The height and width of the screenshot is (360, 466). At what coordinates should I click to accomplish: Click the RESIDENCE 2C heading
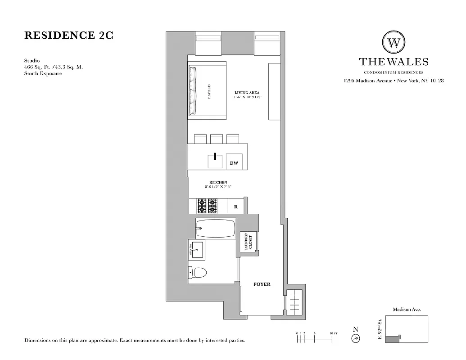68,36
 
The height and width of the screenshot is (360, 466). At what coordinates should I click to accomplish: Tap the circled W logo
394,43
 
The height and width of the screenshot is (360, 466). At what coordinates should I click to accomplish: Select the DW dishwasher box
234,163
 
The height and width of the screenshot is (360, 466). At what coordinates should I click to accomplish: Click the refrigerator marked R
235,207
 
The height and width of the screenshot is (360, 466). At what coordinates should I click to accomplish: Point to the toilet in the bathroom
198,272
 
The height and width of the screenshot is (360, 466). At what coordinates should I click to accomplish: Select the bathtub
216,228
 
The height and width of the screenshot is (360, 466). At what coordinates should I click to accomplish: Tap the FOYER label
262,284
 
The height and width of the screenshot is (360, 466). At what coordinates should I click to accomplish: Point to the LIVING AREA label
247,93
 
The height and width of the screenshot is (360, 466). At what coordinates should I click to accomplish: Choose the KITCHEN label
218,182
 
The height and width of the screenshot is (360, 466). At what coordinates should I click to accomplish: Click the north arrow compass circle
356,338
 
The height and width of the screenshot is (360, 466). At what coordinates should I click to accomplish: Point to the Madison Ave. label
407,310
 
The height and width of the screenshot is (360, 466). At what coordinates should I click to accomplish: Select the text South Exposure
43,73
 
